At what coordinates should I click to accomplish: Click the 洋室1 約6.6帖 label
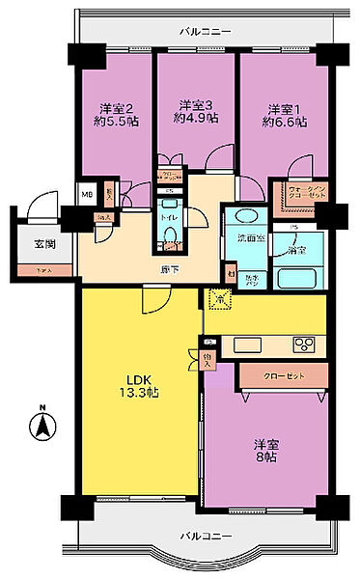click(x=287, y=115)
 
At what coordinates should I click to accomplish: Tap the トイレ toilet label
click(x=168, y=218)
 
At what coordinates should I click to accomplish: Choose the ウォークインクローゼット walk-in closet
click(x=304, y=188)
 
